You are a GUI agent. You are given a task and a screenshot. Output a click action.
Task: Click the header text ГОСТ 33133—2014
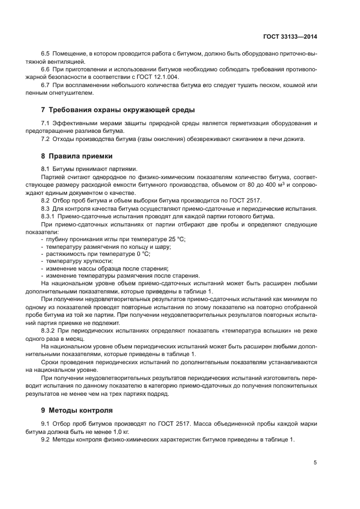point(295,37)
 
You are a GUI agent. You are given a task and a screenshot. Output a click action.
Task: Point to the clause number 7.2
point(46,139)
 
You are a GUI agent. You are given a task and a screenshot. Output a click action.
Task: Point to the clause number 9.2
point(46,439)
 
